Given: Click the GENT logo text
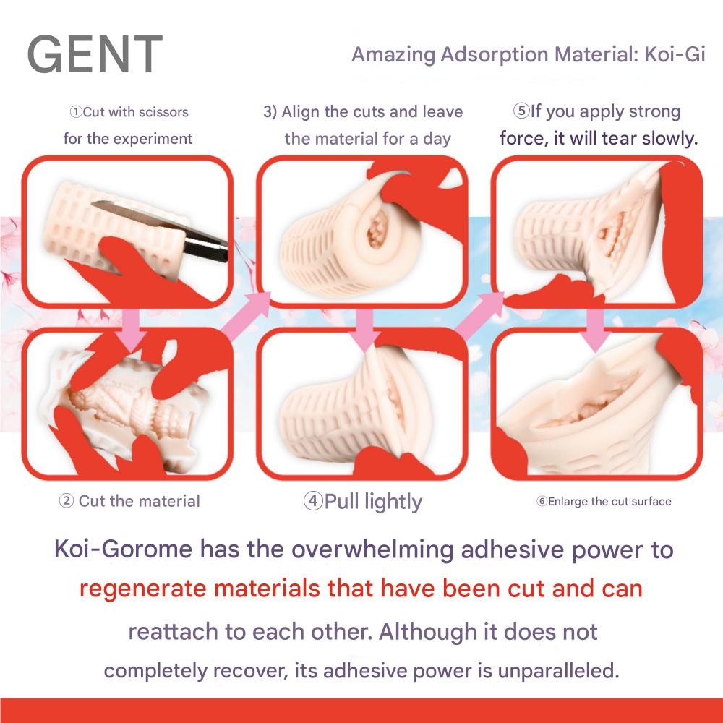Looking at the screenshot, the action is (95, 54).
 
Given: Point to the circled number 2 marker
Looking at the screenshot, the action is (67, 500).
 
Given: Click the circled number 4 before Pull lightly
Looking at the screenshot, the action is (313, 501).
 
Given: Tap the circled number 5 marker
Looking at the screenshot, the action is (521, 111).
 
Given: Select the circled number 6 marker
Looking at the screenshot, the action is (542, 501).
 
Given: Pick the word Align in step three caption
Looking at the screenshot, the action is (301, 112).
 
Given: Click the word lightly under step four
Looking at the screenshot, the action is (393, 502).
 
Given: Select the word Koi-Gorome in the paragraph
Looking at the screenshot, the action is (123, 549).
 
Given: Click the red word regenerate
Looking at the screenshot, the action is (142, 589).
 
